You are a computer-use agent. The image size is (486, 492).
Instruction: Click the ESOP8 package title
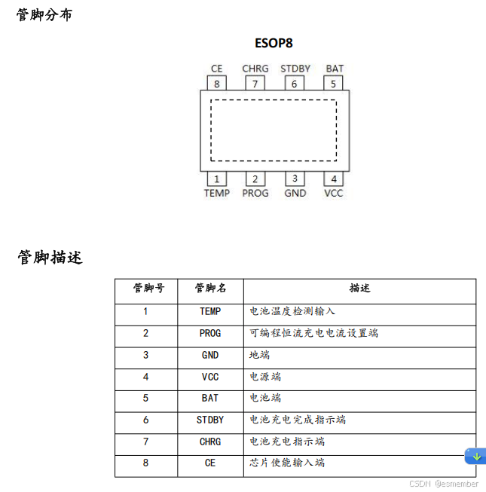tap(274, 43)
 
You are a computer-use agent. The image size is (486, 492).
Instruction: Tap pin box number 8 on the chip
tap(217, 84)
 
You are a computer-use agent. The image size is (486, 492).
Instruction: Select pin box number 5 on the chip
tap(334, 84)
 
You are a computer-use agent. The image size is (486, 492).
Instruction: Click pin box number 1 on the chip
tap(217, 179)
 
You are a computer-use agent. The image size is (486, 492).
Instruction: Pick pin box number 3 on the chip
tap(295, 179)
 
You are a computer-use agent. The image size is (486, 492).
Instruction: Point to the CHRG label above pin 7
tap(255, 69)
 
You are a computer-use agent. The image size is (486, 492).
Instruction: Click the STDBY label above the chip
tap(295, 69)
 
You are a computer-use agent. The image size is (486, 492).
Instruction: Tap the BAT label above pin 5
tap(335, 69)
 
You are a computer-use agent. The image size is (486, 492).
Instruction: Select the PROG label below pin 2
tap(255, 194)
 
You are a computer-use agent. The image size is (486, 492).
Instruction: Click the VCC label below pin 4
tap(334, 194)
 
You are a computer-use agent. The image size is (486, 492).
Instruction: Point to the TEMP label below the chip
tap(217, 194)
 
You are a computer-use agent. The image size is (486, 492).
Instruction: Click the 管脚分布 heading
tap(44, 14)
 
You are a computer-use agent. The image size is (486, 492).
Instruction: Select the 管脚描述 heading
tap(50, 258)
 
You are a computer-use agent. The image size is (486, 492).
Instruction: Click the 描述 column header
tap(359, 289)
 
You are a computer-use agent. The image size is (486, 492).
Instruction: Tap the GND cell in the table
tap(210, 355)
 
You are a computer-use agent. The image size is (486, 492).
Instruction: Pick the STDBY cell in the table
tap(210, 420)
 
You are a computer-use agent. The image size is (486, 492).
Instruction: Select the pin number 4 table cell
tap(145, 377)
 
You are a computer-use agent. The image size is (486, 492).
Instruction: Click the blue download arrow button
tap(475, 456)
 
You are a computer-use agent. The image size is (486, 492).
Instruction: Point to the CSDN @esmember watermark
tap(444, 484)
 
